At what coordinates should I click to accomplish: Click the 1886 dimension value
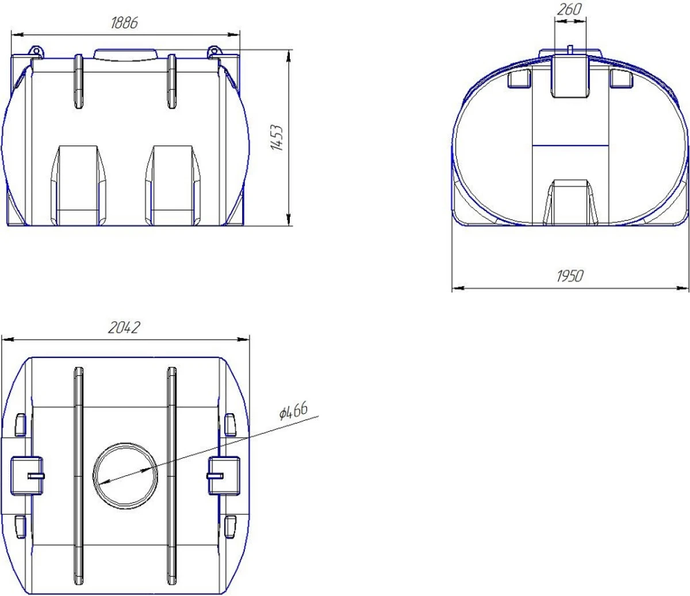click(x=124, y=23)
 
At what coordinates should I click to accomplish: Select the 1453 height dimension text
click(x=277, y=137)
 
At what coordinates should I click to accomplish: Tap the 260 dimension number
click(x=569, y=9)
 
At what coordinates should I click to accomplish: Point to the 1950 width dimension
click(x=570, y=276)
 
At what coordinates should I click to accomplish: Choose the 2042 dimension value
click(x=124, y=328)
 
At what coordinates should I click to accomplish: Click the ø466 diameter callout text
click(x=293, y=411)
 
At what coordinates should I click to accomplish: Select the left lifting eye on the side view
click(x=36, y=52)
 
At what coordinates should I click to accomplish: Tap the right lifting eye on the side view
click(x=214, y=52)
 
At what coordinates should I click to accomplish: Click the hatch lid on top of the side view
click(x=125, y=55)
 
